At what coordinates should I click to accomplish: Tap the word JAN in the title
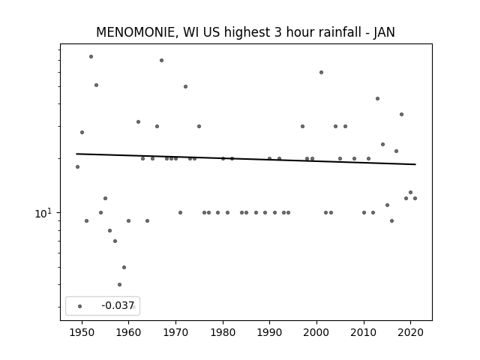384,32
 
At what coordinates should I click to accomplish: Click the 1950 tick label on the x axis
82,332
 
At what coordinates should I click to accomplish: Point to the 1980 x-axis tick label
223,332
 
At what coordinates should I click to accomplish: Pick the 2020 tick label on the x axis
410,332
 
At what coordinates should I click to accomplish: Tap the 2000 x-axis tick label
316,332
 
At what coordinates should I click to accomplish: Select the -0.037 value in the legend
118,305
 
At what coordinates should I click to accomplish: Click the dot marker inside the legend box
80,306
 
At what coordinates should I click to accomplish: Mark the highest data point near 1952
91,57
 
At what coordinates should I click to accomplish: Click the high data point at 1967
162,60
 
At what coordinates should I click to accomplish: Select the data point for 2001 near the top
321,72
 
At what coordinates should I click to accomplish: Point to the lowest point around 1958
119,284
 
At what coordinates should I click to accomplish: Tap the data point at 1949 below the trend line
77,166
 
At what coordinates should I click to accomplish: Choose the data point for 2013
377,98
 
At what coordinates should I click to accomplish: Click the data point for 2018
401,114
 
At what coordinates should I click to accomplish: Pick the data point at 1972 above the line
185,87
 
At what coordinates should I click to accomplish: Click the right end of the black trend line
415,164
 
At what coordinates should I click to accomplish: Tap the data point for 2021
415,198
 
